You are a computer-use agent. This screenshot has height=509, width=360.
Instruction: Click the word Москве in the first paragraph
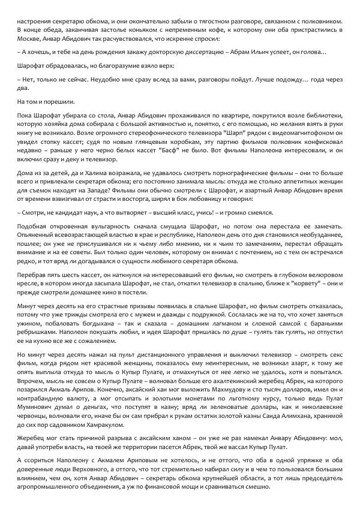(x=30, y=38)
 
